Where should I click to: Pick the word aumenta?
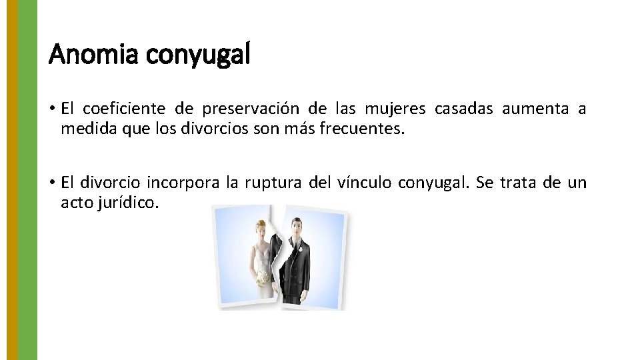pyautogui.click(x=535, y=109)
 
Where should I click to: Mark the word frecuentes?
pyautogui.click(x=363, y=128)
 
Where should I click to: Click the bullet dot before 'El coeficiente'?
pyautogui.click(x=52, y=109)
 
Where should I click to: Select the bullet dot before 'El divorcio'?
pyautogui.click(x=52, y=183)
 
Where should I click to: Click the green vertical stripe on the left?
pyautogui.click(x=27, y=180)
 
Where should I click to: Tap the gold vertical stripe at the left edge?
pyautogui.click(x=11, y=180)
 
